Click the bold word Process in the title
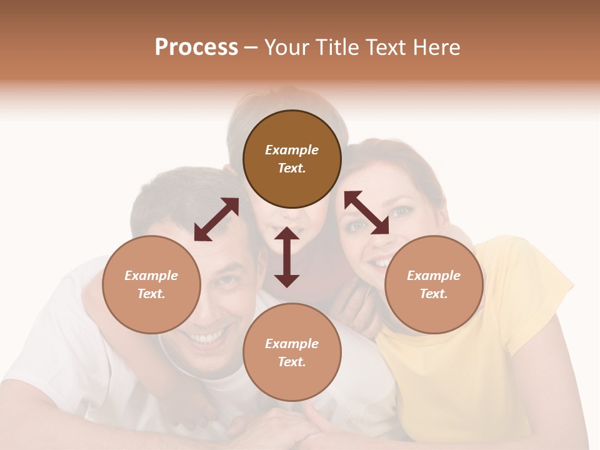tap(196, 47)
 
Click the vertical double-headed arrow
tap(287, 257)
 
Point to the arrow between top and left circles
tap(216, 219)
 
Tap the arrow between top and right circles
tap(366, 212)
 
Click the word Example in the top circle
tap(292, 150)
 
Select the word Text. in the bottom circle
tap(292, 362)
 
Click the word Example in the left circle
tap(151, 276)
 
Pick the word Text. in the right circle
tap(434, 294)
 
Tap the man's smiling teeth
tap(208, 337)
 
